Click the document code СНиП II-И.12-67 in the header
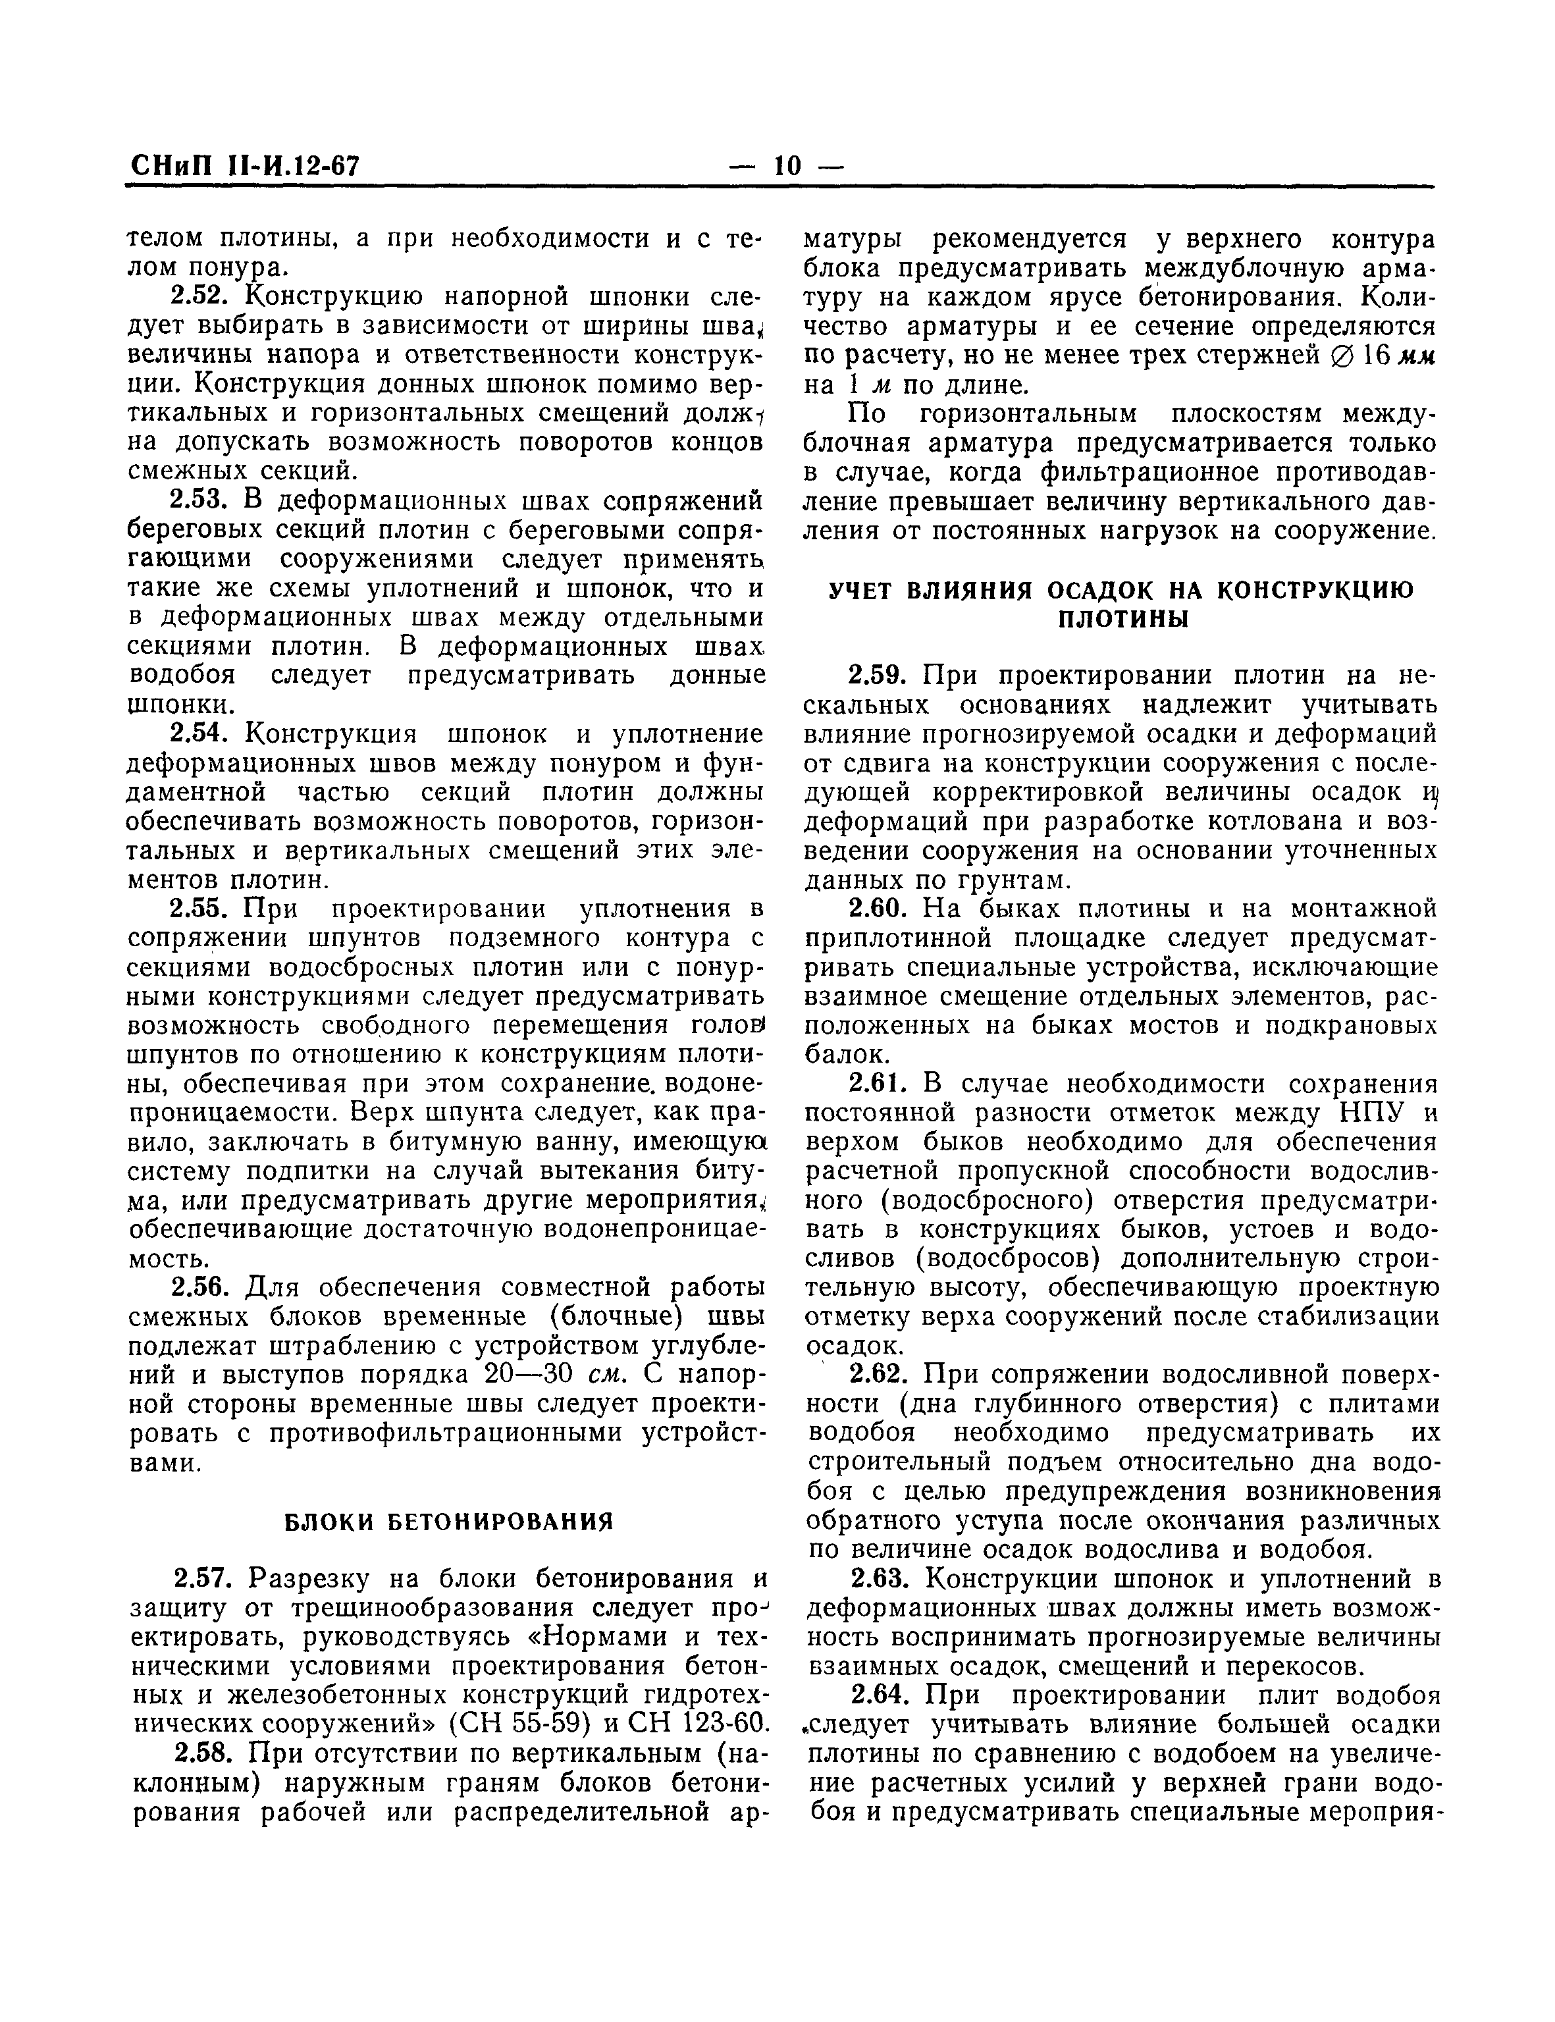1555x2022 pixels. (x=242, y=167)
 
